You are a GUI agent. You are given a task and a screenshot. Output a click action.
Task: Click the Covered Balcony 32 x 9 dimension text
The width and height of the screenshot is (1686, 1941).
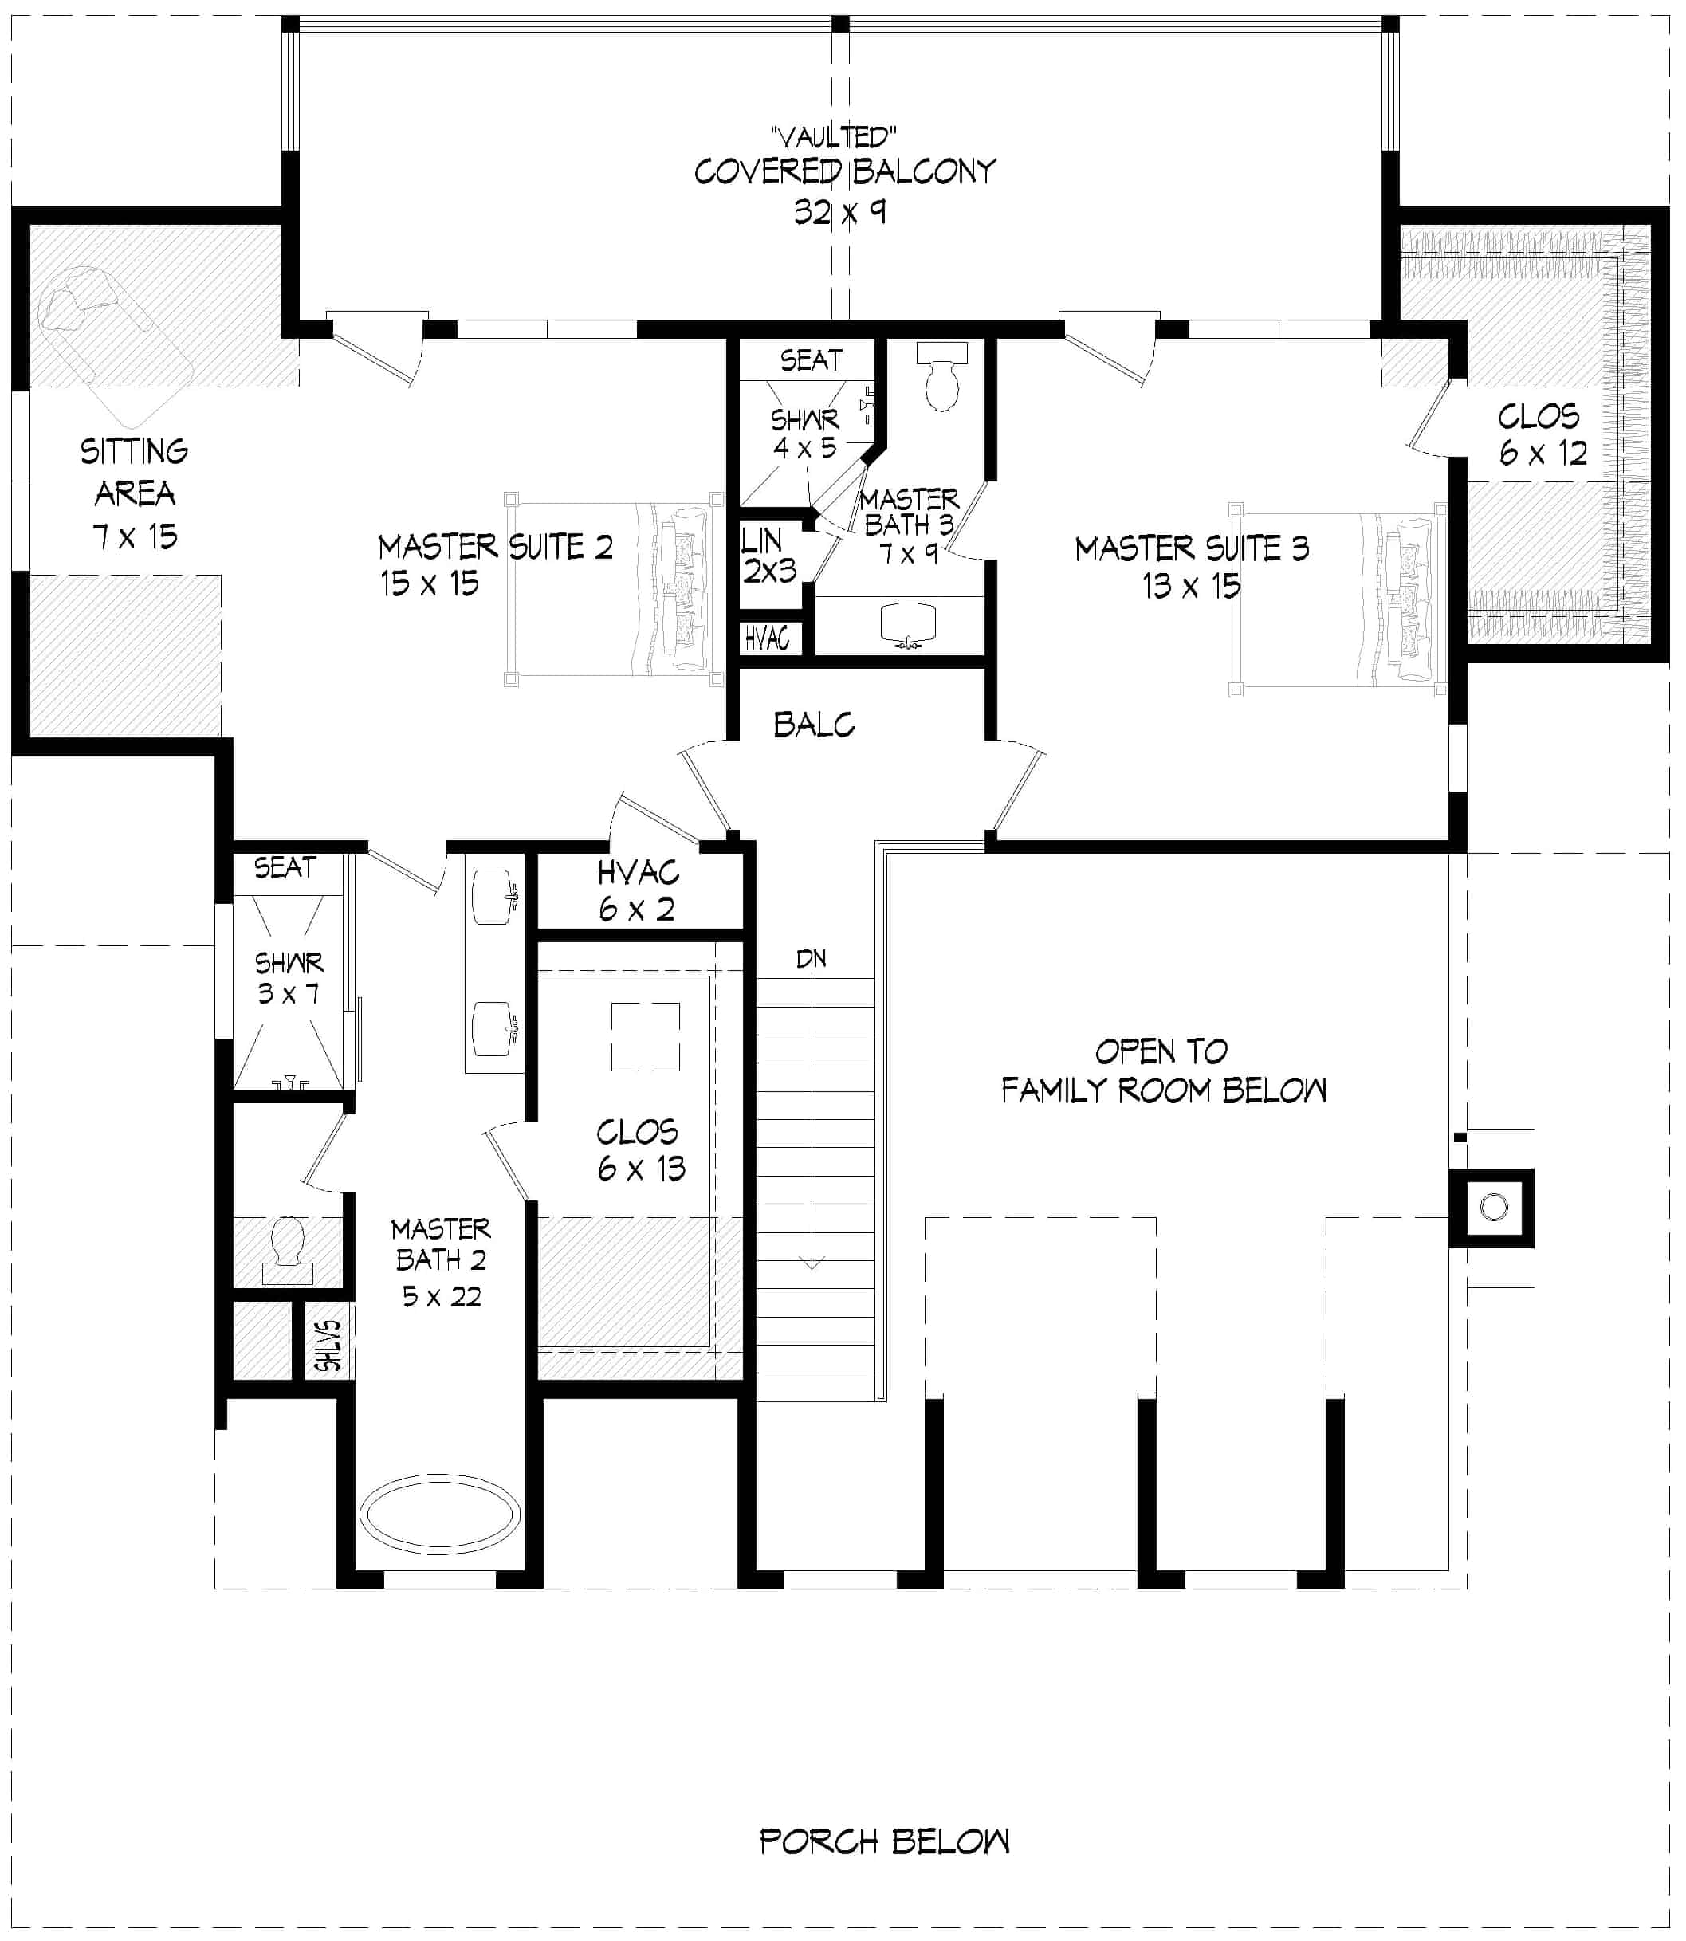tap(839, 213)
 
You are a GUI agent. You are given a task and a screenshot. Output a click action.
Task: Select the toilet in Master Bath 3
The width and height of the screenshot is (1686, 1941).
tap(941, 377)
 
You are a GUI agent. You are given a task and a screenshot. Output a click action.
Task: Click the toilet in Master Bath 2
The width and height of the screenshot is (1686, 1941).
tap(288, 1252)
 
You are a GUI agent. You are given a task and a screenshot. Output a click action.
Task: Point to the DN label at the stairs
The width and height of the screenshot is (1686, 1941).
tap(811, 960)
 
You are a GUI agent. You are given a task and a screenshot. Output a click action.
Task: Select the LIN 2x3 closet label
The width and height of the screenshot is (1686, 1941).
tap(768, 555)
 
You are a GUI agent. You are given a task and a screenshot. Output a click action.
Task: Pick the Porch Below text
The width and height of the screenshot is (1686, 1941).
tap(884, 1841)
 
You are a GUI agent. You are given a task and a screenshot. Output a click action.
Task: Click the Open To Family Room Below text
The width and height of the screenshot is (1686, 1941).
tap(1163, 1071)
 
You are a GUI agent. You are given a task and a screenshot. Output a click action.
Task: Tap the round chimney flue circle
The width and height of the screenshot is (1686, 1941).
tap(1494, 1207)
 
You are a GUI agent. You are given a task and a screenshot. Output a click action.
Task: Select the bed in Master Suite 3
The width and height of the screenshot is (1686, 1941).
tap(1336, 600)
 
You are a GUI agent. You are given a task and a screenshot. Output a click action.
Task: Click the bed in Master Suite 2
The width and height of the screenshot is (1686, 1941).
tap(614, 589)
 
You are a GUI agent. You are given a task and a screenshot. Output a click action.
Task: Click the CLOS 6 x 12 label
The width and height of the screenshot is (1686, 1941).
tap(1542, 434)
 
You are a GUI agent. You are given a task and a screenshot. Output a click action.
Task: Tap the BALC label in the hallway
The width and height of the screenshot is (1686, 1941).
tap(814, 725)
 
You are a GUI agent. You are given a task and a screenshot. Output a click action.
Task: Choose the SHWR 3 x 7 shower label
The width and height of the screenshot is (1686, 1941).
tap(289, 977)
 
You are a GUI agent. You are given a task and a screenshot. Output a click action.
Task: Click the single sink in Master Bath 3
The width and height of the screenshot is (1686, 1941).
tap(907, 625)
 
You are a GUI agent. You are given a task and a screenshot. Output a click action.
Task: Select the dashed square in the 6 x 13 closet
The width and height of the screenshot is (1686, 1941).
tap(646, 1037)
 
